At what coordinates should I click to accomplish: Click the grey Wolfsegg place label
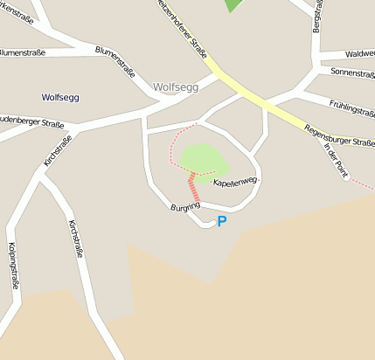coord(176,87)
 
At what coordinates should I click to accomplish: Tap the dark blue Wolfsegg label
coord(59,97)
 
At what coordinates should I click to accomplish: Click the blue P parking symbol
coord(221,222)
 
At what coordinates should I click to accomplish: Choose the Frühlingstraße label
coord(352,107)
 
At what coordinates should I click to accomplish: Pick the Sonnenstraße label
coord(353,73)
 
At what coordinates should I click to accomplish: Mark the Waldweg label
coord(359,53)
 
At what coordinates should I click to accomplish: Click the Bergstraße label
coord(316,17)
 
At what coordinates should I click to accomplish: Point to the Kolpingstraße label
coord(12,265)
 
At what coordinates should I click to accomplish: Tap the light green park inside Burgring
coord(204,158)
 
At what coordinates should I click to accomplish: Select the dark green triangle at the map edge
coord(233,5)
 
